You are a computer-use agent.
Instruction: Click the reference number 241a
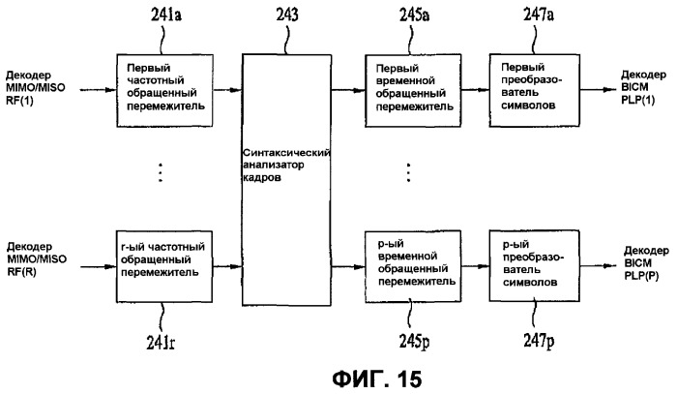(x=165, y=15)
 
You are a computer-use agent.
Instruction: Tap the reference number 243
(x=287, y=15)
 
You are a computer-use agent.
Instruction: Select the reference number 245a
(x=414, y=15)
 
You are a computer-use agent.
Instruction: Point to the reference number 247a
(x=539, y=15)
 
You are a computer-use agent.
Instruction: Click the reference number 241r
(x=161, y=343)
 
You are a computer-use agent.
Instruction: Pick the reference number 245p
(x=414, y=342)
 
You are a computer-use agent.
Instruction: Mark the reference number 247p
(x=539, y=341)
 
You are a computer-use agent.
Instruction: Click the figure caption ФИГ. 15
(x=377, y=379)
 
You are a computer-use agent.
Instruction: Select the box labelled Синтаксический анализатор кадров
(x=286, y=180)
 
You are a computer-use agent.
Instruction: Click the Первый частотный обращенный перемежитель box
(x=165, y=90)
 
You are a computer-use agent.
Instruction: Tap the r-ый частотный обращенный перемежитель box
(x=164, y=266)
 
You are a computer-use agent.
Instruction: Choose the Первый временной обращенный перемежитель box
(x=413, y=91)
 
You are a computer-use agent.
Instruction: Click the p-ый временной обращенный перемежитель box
(x=413, y=266)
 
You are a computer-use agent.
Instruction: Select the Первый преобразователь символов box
(x=535, y=90)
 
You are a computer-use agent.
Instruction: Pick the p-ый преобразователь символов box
(x=535, y=265)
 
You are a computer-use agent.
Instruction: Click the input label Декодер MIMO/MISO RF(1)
(x=35, y=88)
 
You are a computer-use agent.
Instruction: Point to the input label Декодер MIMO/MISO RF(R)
(x=37, y=259)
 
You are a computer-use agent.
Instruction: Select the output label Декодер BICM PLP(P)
(x=646, y=263)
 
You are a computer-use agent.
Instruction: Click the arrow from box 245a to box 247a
(x=476, y=90)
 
